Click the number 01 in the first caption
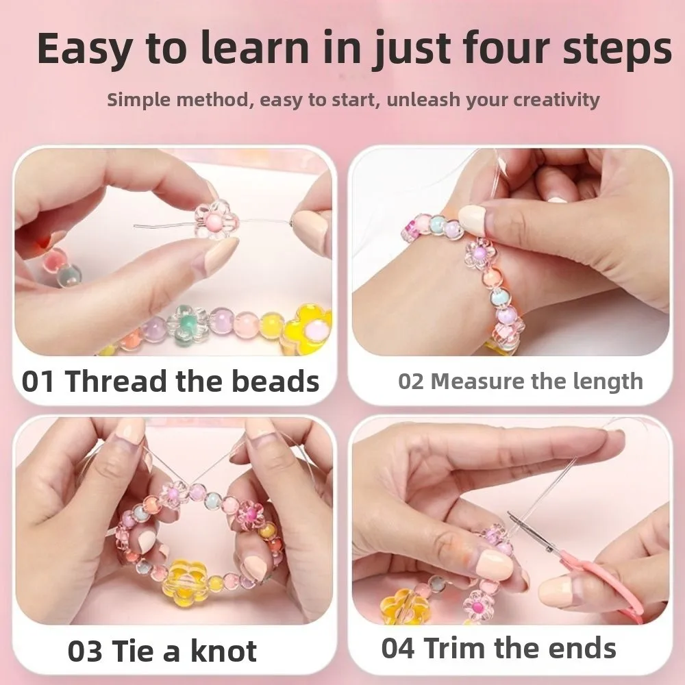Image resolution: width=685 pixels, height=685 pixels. [x=38, y=382]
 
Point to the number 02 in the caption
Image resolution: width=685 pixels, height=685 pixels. [x=412, y=382]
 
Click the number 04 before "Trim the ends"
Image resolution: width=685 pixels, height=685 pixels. [x=398, y=648]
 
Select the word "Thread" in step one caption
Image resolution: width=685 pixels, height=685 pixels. [x=116, y=382]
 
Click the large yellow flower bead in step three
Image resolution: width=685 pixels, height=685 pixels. [x=188, y=580]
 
